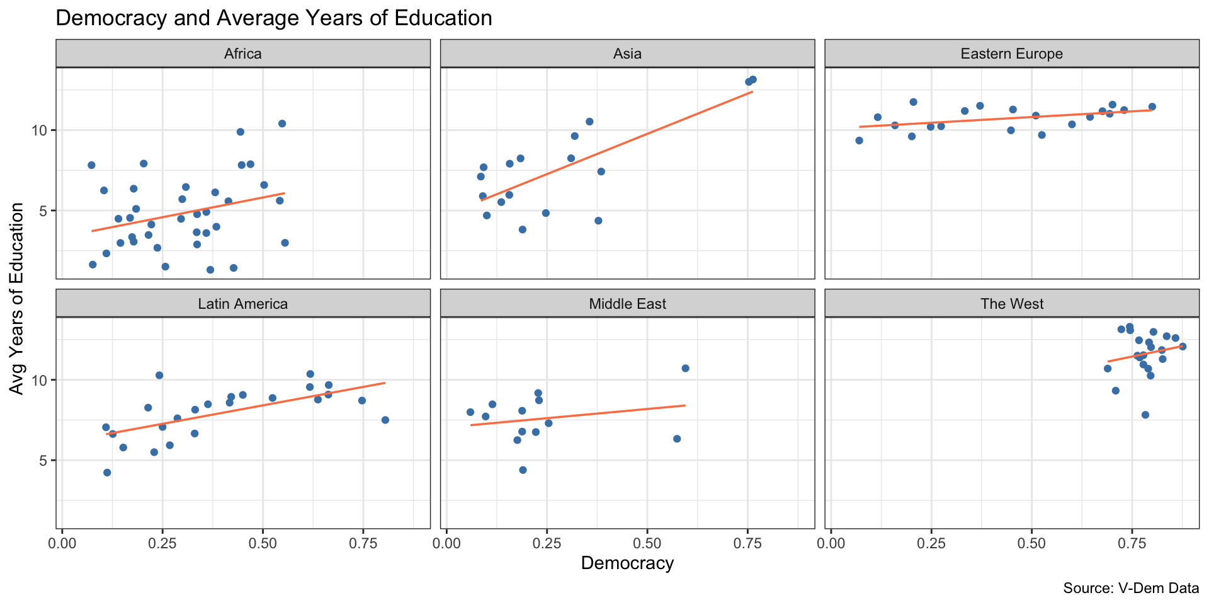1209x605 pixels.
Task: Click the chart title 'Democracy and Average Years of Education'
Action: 274,18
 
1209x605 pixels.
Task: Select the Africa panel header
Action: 243,54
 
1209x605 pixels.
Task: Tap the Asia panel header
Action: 627,54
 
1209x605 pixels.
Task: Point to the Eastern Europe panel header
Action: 1012,54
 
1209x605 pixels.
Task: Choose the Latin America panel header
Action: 243,304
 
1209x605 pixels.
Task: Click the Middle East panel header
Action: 627,304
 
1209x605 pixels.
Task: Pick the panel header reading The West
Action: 1012,304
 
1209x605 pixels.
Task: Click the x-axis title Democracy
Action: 627,563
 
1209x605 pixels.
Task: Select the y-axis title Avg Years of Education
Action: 17,299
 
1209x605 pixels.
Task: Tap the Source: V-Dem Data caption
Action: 1131,589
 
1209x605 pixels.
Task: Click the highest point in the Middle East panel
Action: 685,368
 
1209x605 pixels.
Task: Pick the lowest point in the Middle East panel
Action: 523,470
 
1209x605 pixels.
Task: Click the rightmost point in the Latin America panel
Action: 385,420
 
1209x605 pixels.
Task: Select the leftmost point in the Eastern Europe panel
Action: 859,141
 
